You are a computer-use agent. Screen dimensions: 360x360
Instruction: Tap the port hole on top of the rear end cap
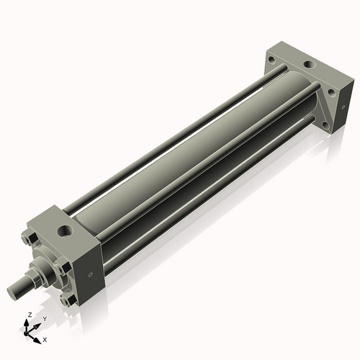pyautogui.click(x=308, y=66)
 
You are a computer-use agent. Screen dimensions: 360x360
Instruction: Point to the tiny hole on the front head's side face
pyautogui.click(x=90, y=274)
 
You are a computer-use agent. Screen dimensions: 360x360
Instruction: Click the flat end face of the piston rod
pyautogui.click(x=12, y=292)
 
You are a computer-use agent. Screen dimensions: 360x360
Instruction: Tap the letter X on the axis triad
pyautogui.click(x=45, y=338)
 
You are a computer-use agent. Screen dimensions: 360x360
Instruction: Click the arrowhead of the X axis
pyautogui.click(x=38, y=336)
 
